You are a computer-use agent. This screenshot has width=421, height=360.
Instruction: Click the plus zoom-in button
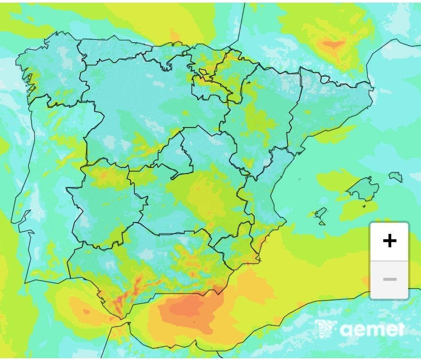[390, 241]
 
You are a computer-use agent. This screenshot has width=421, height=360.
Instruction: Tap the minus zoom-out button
[390, 280]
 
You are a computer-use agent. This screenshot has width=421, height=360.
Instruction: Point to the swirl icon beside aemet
[326, 329]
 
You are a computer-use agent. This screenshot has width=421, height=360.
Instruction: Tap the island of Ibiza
[320, 215]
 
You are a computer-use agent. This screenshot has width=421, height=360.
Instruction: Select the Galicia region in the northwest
[49, 71]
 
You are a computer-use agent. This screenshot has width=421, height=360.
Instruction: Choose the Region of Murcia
[231, 249]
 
